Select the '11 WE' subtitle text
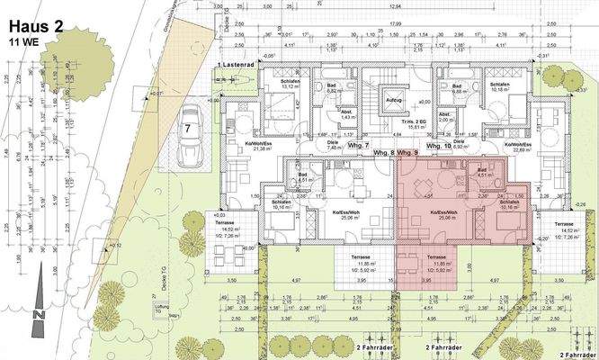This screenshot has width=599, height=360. pos(23,41)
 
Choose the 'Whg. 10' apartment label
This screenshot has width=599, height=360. pos(438,146)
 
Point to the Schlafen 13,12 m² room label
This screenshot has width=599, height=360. pos(276,85)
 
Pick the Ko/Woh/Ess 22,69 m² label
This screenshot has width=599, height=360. pos(519,147)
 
